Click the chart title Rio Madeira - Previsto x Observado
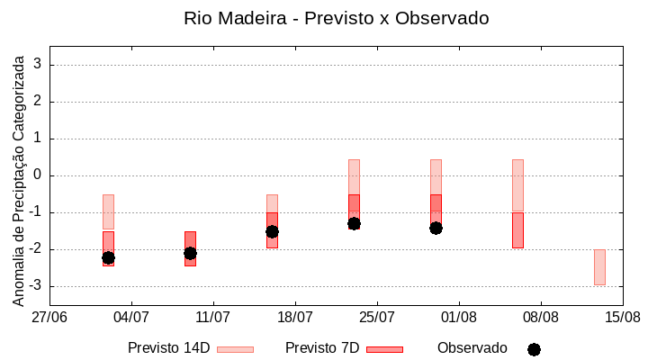[x=336, y=18]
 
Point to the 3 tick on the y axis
[x=39, y=65]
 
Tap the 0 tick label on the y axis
[x=39, y=175]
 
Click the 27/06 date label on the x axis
[x=49, y=317]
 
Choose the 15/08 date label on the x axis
[x=622, y=317]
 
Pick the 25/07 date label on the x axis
[x=377, y=317]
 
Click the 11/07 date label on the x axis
[x=213, y=317]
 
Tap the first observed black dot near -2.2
[x=108, y=257]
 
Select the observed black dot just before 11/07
[x=190, y=253]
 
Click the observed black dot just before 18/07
[x=272, y=231]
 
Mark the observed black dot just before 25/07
[x=354, y=223]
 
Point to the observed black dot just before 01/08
[x=436, y=228]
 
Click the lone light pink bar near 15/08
[x=599, y=267]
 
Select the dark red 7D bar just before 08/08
[x=517, y=230]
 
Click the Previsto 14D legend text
[x=169, y=347]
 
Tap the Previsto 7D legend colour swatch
[x=384, y=348]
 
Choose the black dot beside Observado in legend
[x=534, y=349]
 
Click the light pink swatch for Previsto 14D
[x=235, y=348]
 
